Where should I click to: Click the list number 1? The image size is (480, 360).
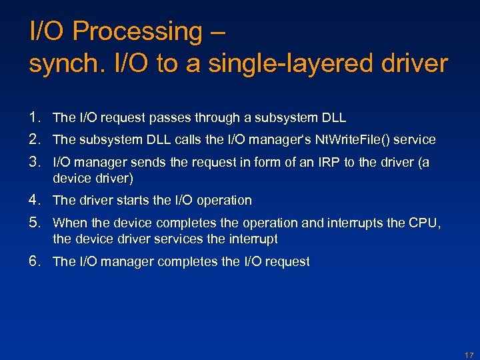pyautogui.click(x=35, y=117)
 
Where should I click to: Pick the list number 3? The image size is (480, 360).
pyautogui.click(x=35, y=161)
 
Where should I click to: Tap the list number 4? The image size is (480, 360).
pyautogui.click(x=35, y=200)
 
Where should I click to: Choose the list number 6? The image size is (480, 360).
pyautogui.click(x=35, y=261)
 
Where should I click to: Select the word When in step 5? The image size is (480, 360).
pyautogui.click(x=68, y=223)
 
